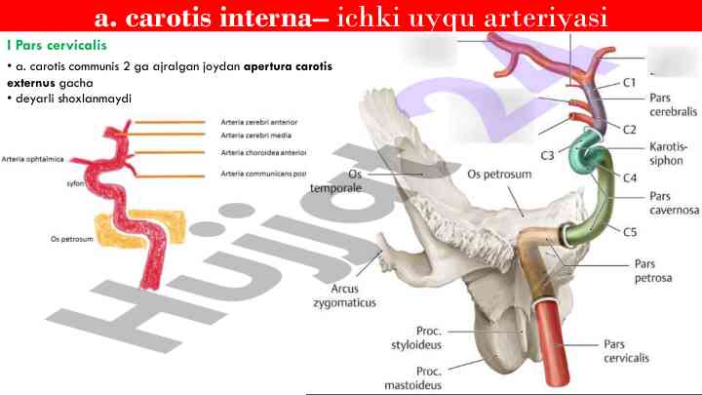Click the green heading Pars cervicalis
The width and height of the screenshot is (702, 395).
pyautogui.click(x=57, y=45)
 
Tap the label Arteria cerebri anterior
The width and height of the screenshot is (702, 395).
pyautogui.click(x=258, y=122)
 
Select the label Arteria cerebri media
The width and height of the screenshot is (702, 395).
pyautogui.click(x=255, y=136)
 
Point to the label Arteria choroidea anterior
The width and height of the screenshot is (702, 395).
pyautogui.click(x=263, y=153)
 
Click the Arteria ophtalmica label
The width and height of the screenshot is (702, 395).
pyautogui.click(x=33, y=159)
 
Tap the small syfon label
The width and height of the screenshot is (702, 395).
pyautogui.click(x=75, y=183)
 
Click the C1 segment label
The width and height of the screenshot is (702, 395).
pyautogui.click(x=629, y=82)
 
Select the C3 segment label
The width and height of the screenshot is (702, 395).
pyautogui.click(x=547, y=155)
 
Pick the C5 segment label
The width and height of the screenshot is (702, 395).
pyautogui.click(x=630, y=232)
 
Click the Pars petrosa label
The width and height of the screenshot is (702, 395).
pyautogui.click(x=653, y=271)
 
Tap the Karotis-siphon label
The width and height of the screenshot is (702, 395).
pyautogui.click(x=668, y=154)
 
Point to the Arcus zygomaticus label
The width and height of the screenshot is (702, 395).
pyautogui.click(x=344, y=296)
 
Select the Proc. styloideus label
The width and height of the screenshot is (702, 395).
pyautogui.click(x=416, y=337)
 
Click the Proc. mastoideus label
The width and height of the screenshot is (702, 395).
pyautogui.click(x=412, y=378)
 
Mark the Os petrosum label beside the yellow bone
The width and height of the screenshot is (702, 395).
pyautogui.click(x=71, y=239)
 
